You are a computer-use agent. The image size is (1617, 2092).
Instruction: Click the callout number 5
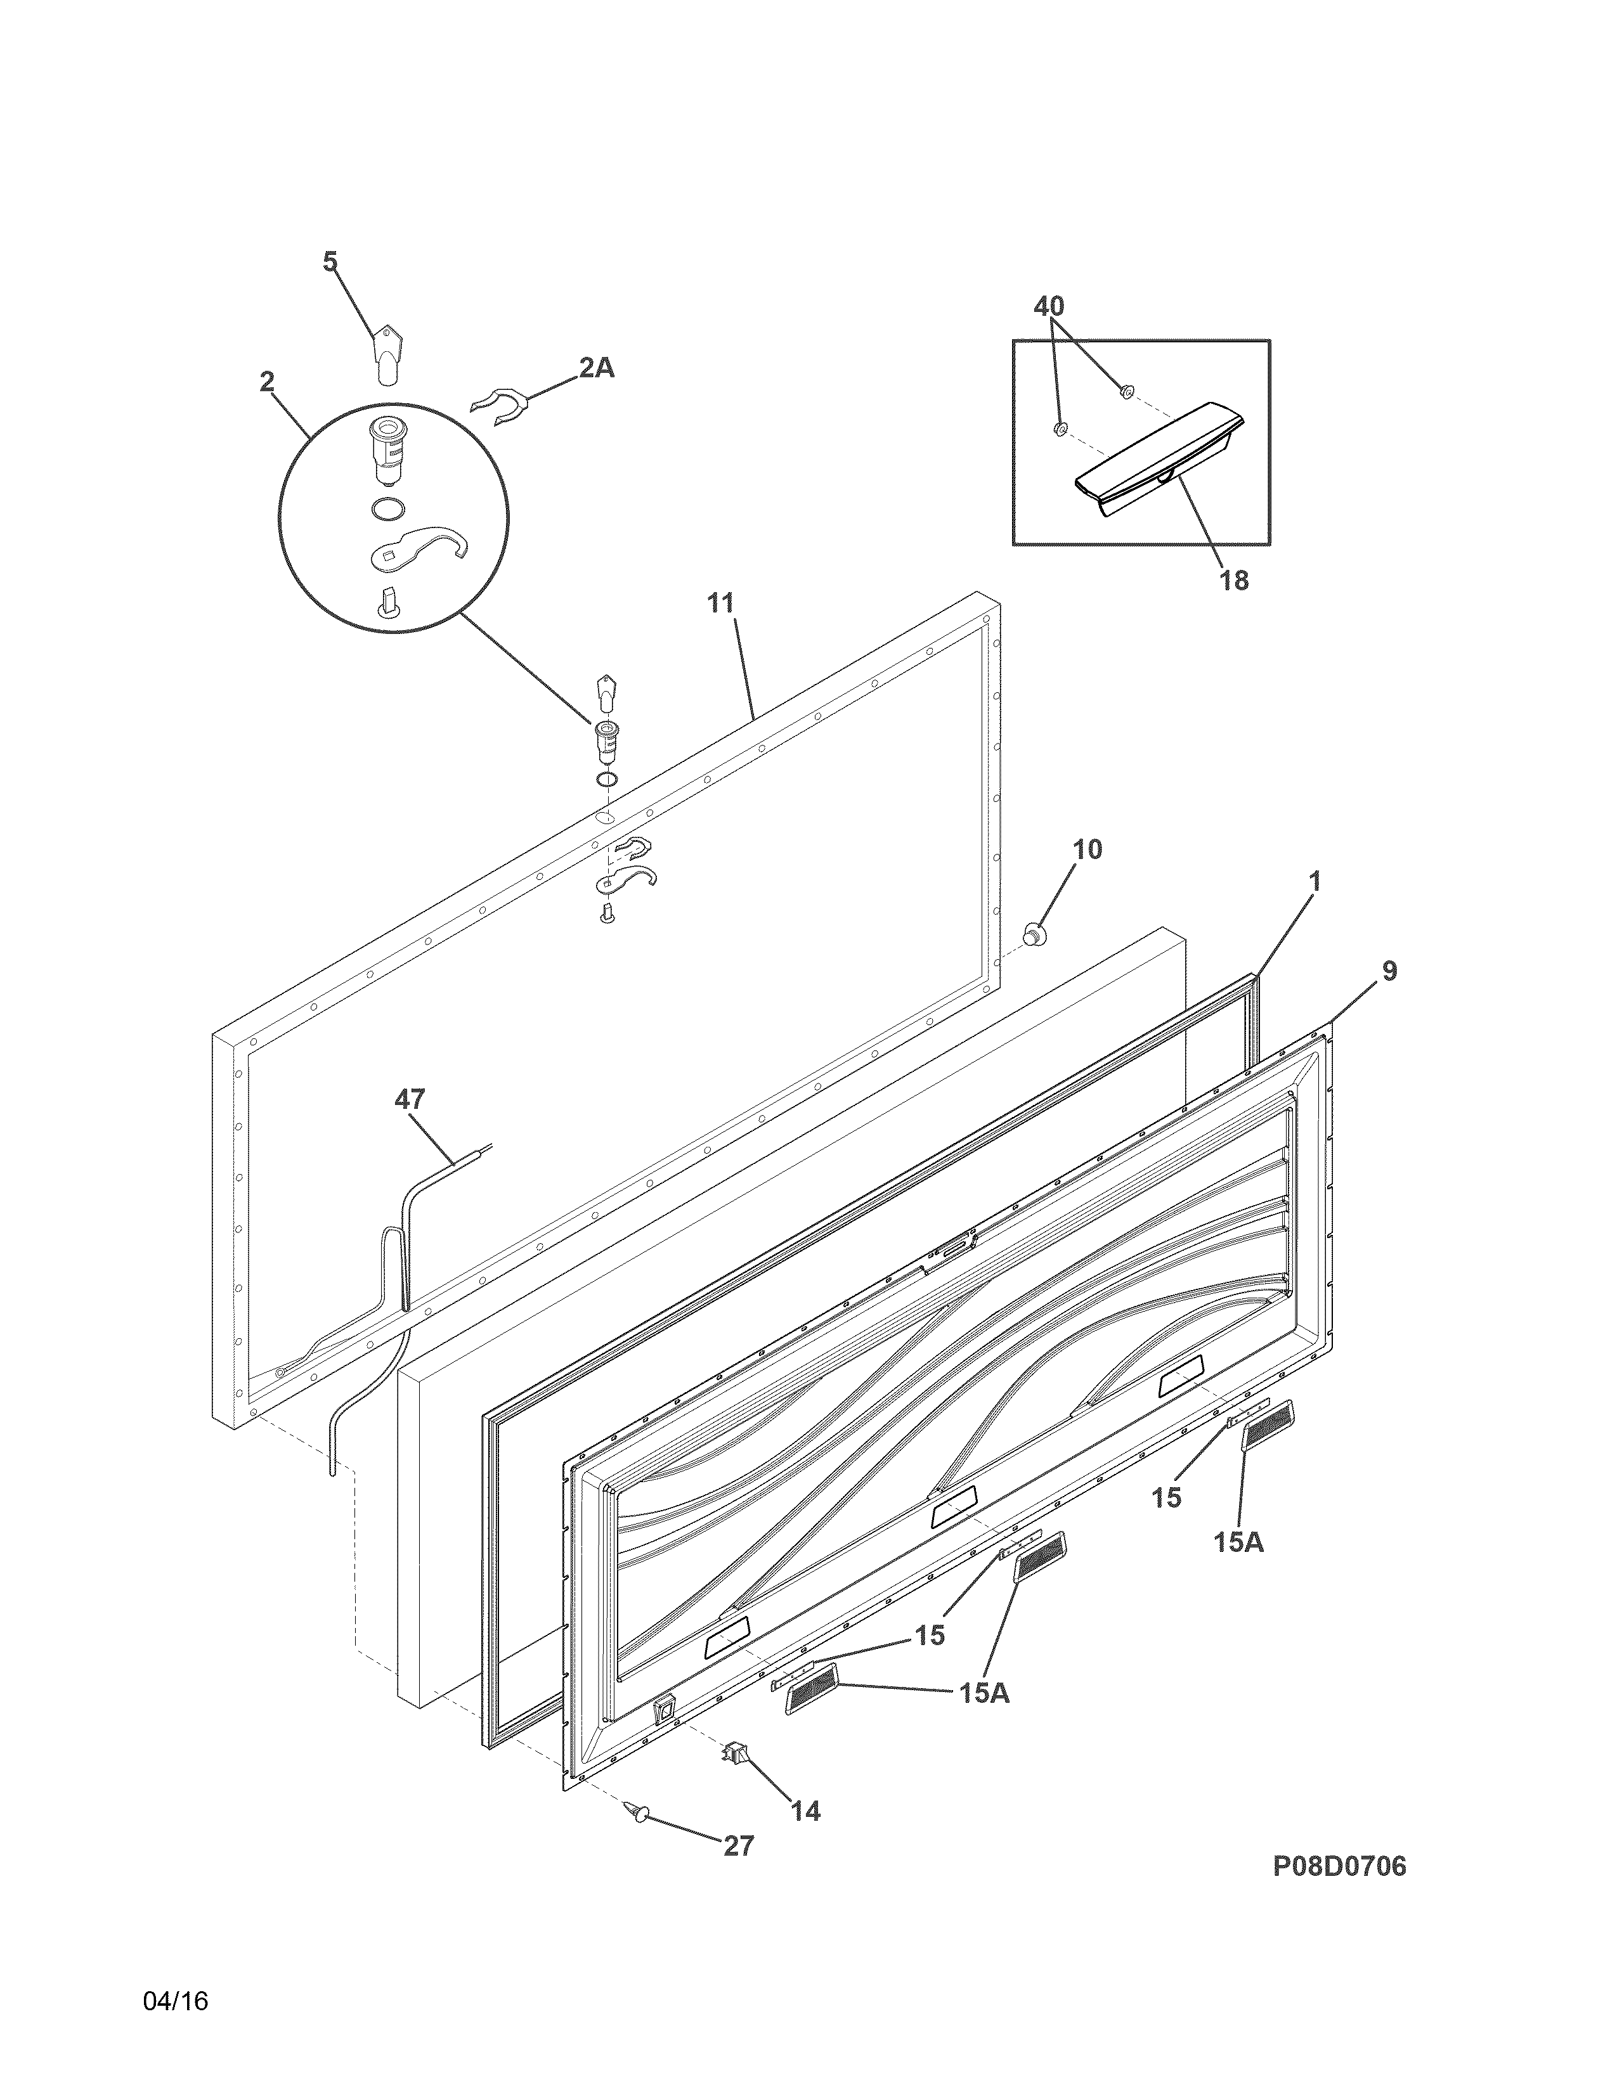point(330,261)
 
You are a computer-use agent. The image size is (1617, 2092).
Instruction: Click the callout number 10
point(1086,849)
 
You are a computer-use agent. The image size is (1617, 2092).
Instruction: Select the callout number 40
point(1049,307)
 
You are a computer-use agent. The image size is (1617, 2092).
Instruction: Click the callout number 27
point(739,1846)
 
